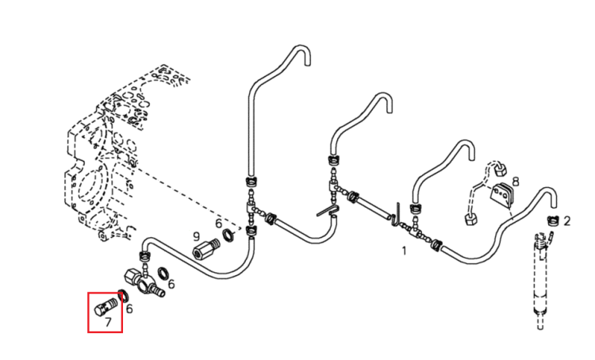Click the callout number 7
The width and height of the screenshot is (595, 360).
tap(108, 323)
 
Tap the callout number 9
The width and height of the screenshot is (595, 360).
tap(196, 237)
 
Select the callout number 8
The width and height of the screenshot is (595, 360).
tap(516, 182)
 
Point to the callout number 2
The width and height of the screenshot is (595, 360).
tap(567, 221)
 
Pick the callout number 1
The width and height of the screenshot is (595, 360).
tap(404, 251)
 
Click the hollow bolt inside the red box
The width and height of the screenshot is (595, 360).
tap(106, 306)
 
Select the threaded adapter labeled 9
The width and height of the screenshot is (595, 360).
tap(206, 248)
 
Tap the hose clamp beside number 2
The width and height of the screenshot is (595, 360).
tap(552, 221)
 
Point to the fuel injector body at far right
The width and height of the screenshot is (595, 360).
tap(541, 281)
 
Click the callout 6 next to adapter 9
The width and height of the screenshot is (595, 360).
tap(218, 224)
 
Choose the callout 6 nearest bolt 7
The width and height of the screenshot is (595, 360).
tap(129, 308)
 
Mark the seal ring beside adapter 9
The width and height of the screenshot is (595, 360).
tap(228, 235)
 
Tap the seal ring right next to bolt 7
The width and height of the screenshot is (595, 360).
tap(122, 295)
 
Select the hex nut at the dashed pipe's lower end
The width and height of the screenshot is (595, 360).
tap(471, 219)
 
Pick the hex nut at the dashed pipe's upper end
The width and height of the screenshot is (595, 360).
tap(500, 170)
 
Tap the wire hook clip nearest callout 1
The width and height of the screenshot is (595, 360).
tap(396, 215)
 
